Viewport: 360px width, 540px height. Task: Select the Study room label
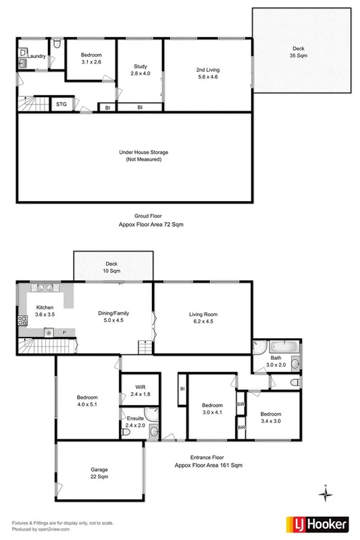coord(140,70)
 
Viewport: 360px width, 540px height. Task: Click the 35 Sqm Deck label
coord(298,53)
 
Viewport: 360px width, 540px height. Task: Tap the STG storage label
coord(61,105)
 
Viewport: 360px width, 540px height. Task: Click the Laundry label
coord(36,57)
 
